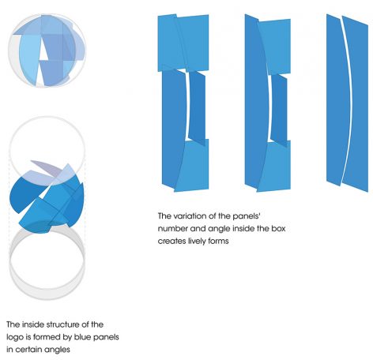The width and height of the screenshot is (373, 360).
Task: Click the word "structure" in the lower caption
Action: coord(62,324)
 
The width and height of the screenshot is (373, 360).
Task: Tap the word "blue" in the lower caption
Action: coord(81,337)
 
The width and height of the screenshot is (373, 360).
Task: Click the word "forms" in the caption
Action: coord(220,241)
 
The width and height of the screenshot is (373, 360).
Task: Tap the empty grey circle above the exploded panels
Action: coord(47,117)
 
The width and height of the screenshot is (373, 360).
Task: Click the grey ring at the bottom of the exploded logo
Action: coord(47,298)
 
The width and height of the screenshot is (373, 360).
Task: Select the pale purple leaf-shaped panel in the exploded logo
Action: coord(47,168)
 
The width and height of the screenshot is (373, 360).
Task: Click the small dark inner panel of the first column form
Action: coord(197,107)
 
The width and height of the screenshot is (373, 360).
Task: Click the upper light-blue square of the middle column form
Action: coord(274,47)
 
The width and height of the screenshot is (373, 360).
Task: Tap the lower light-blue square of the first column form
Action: coord(192,165)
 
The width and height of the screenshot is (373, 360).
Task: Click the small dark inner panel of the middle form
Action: coord(279,111)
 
